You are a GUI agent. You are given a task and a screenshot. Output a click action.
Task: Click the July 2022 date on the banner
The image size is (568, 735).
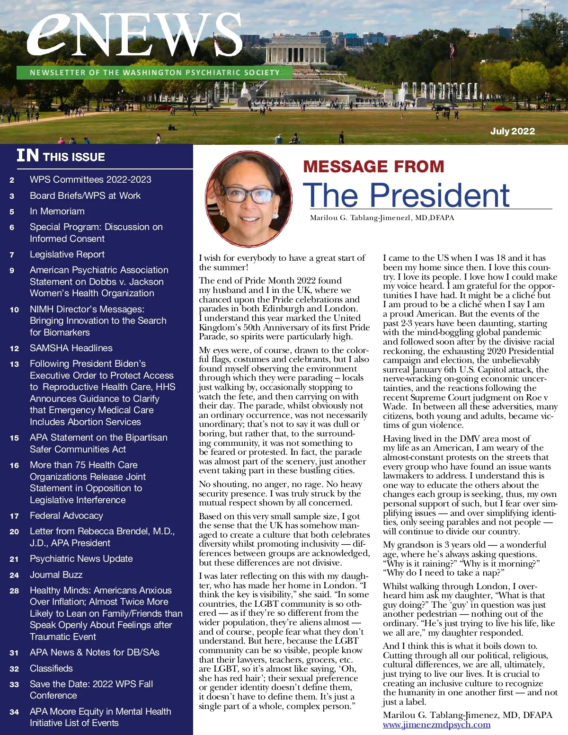click(x=512, y=131)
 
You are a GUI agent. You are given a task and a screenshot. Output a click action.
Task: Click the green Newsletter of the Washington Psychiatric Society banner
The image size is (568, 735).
click(x=154, y=72)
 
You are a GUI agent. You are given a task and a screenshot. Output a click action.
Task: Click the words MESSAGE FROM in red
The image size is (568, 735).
click(x=373, y=167)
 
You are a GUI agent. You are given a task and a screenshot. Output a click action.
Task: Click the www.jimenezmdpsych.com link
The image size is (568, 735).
click(x=436, y=725)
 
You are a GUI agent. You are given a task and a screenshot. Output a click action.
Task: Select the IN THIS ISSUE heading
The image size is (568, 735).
click(x=61, y=156)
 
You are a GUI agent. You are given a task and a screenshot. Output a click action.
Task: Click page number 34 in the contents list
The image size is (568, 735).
click(x=14, y=712)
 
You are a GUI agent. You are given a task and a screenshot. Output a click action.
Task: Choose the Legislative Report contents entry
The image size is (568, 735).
click(x=67, y=255)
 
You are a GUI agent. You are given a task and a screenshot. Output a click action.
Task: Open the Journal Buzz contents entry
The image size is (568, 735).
click(x=56, y=575)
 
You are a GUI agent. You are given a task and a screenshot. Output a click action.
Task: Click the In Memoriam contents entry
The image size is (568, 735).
click(x=57, y=212)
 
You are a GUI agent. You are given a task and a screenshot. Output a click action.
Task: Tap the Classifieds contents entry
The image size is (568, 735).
click(x=51, y=668)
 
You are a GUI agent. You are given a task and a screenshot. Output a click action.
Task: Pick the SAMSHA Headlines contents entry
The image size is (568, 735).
click(x=71, y=348)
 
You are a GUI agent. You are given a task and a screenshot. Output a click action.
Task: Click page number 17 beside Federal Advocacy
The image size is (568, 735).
click(x=14, y=516)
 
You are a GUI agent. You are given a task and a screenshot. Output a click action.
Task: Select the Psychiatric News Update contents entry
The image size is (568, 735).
click(x=81, y=559)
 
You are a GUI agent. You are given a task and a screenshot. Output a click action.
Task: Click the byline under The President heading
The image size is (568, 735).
click(x=382, y=218)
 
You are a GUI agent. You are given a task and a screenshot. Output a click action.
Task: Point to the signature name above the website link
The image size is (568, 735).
click(x=467, y=715)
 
